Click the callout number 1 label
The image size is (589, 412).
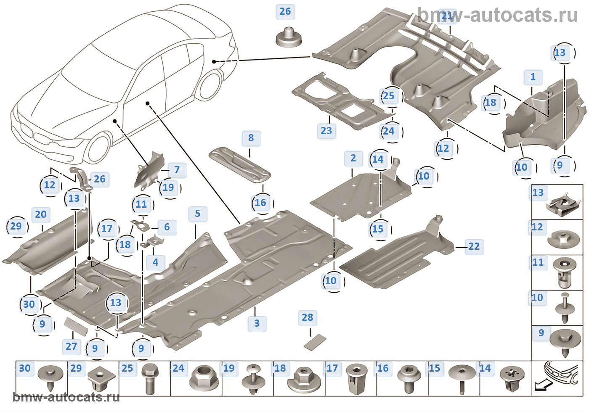[533, 77]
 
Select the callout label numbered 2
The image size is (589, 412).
[353, 158]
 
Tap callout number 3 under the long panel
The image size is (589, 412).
[257, 323]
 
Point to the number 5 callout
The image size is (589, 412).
[197, 214]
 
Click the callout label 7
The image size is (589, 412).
[177, 170]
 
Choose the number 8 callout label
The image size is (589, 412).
[251, 138]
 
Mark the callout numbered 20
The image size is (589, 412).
[41, 214]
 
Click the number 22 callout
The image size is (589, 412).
[474, 246]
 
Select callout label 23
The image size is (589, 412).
[326, 131]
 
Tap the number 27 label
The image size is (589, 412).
[71, 346]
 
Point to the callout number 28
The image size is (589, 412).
[307, 317]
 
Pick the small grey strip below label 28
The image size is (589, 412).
[315, 342]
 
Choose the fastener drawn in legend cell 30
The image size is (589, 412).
[50, 377]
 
